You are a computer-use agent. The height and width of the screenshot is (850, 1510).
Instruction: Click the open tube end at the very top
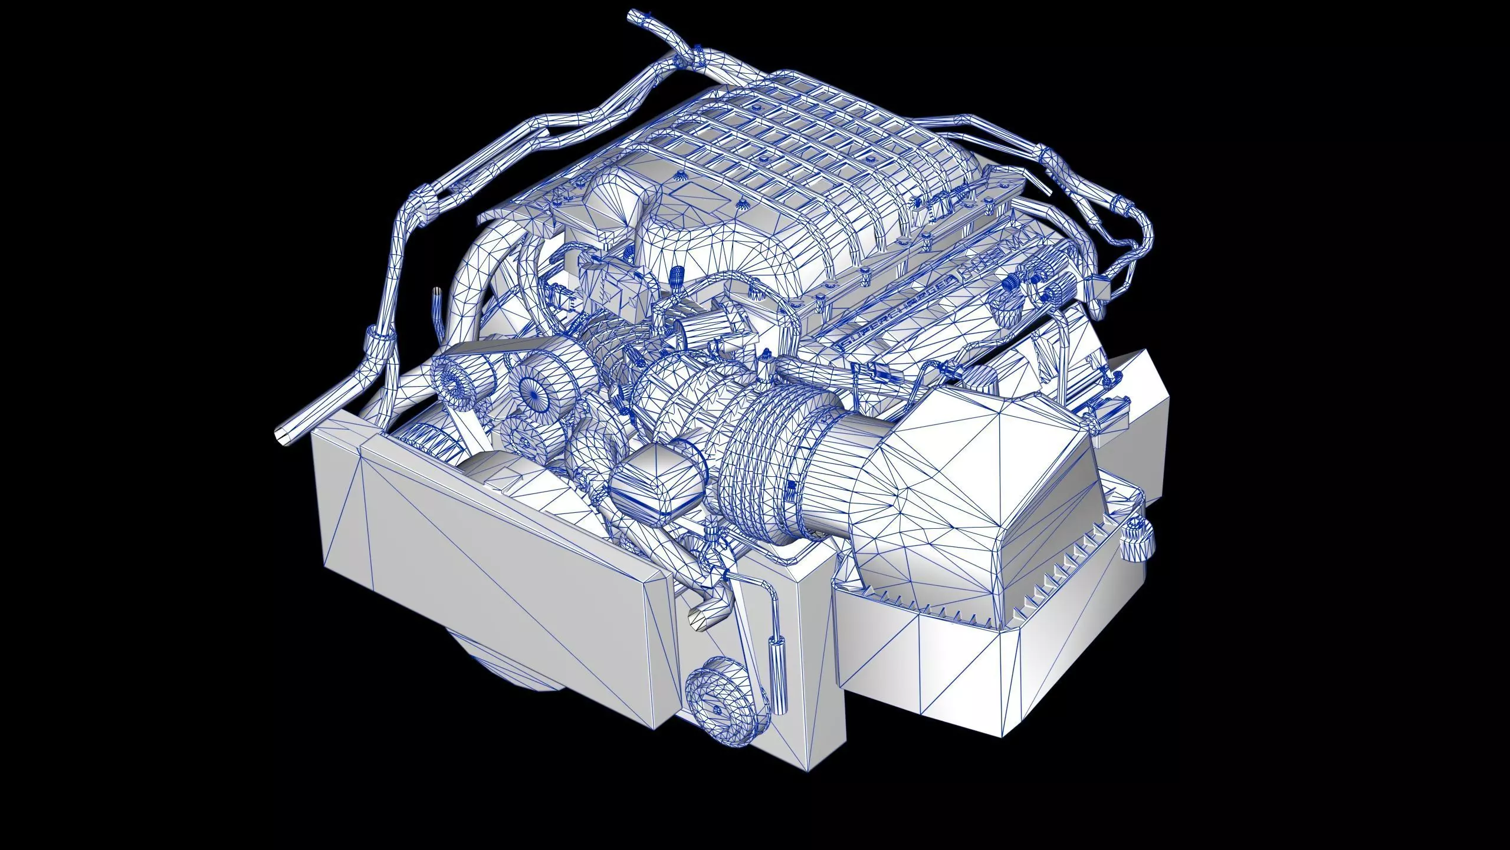click(633, 14)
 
